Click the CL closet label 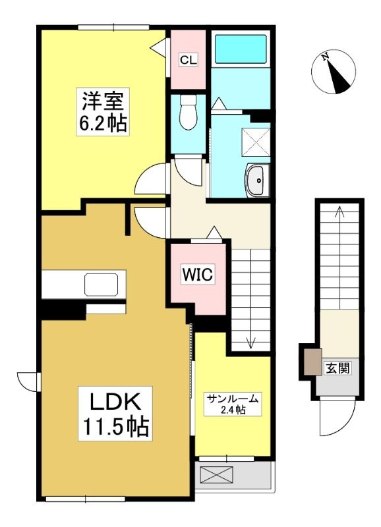pos(188,60)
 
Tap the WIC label pos(197,274)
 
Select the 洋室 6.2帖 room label pos(103,111)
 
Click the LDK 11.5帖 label pos(115,413)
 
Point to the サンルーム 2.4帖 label pos(233,404)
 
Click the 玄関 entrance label pos(337,368)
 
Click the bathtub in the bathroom pos(241,49)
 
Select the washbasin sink pos(258,180)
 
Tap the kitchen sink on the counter pos(102,285)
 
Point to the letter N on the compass pos(325,58)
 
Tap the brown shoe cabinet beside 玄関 pos(313,362)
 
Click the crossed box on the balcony pos(216,474)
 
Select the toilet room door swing pos(189,172)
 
